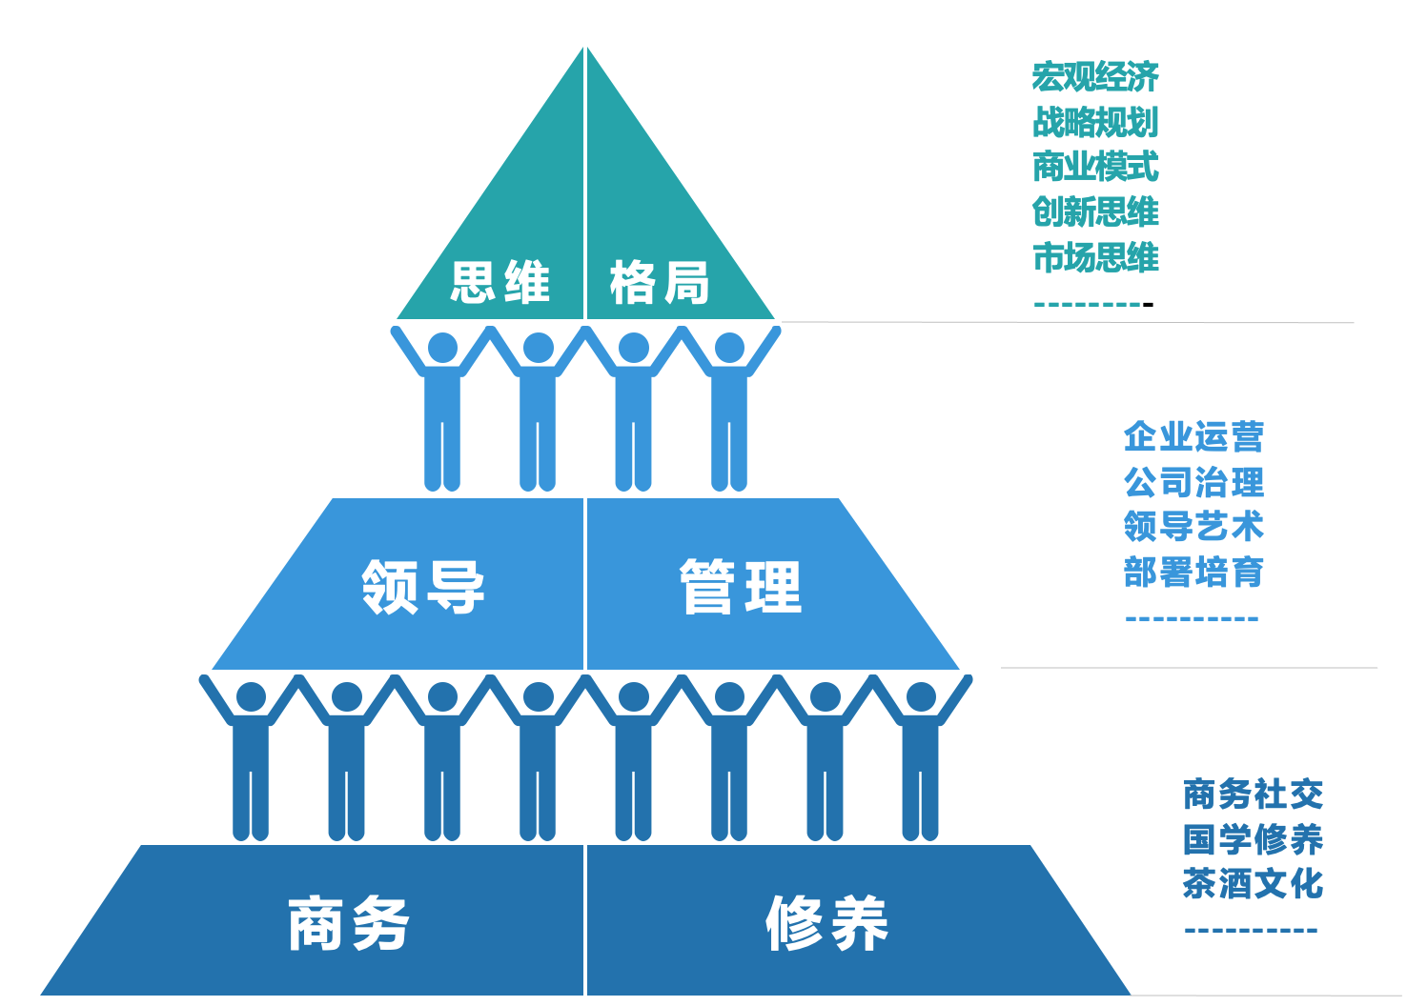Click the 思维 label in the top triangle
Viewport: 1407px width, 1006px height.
(500, 283)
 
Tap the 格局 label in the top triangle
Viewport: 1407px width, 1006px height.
(660, 283)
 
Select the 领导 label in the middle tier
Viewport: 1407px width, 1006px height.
(423, 587)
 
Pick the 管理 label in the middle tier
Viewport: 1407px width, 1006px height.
(741, 587)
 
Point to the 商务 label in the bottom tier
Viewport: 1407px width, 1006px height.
(349, 923)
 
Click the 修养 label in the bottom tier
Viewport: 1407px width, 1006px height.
(826, 923)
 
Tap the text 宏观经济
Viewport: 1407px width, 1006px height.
(1095, 76)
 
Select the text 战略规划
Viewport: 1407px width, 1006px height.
(1095, 122)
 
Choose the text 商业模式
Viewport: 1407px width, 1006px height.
(1095, 167)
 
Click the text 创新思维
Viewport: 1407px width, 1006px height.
(1095, 211)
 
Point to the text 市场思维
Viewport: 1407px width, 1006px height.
(1095, 257)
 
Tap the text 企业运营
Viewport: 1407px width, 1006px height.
(1193, 437)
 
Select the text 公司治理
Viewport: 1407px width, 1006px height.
(1193, 482)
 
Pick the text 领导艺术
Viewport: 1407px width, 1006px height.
(1193, 527)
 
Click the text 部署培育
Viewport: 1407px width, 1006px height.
(1193, 573)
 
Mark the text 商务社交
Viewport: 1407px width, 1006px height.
(1253, 794)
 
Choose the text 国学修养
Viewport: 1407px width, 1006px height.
(1253, 839)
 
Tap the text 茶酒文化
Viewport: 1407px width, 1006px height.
(1253, 884)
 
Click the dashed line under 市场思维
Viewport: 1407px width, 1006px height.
(1093, 305)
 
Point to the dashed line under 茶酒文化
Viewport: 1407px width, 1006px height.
(1251, 931)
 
